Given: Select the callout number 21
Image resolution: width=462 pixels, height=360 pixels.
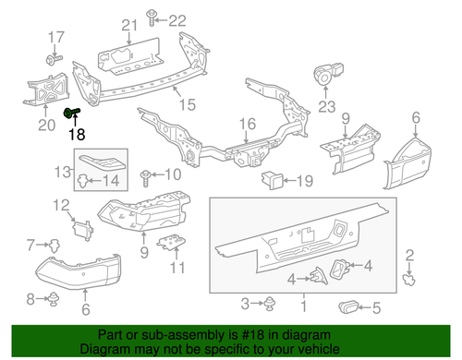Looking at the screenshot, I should [128, 23].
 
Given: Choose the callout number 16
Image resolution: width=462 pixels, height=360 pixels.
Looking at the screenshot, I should [248, 124].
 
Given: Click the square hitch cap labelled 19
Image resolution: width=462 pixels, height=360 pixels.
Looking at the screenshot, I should [271, 179].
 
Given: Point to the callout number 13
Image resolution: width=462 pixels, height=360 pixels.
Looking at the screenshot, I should [62, 172].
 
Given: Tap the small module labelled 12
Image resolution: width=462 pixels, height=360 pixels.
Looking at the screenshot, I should [81, 226].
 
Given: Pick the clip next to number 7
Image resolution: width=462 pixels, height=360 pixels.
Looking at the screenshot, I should [52, 245].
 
